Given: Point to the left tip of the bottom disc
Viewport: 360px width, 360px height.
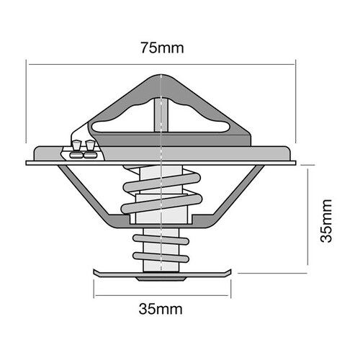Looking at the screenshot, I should coord(95,272).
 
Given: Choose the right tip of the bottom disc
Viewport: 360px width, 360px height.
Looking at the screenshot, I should coord(230,271).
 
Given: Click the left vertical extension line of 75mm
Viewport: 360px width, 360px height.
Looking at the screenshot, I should coord(27,108).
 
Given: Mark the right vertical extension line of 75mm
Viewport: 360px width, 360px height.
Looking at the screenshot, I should coord(295,108).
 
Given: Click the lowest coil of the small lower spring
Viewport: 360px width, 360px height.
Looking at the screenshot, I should coord(161,257).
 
